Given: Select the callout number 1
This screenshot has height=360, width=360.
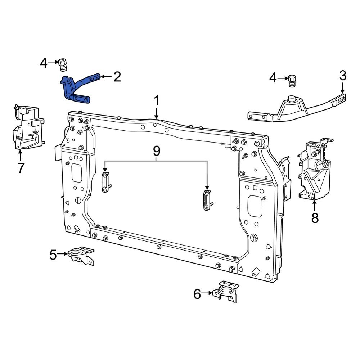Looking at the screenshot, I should click(157, 101).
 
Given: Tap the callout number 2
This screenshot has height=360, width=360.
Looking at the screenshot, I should click(117, 77).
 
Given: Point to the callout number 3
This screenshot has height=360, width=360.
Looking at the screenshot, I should click(343, 76).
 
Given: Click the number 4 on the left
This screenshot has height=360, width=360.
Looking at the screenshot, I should click(44, 64).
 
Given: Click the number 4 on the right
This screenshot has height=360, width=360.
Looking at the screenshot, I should click(273, 78).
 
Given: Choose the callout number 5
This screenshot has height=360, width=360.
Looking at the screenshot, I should click(53, 255).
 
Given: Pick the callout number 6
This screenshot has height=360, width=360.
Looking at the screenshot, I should click(197, 294).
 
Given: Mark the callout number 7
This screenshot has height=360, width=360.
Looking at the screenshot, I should click(21, 167).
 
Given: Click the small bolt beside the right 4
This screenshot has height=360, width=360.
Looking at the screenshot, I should click(292, 81).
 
